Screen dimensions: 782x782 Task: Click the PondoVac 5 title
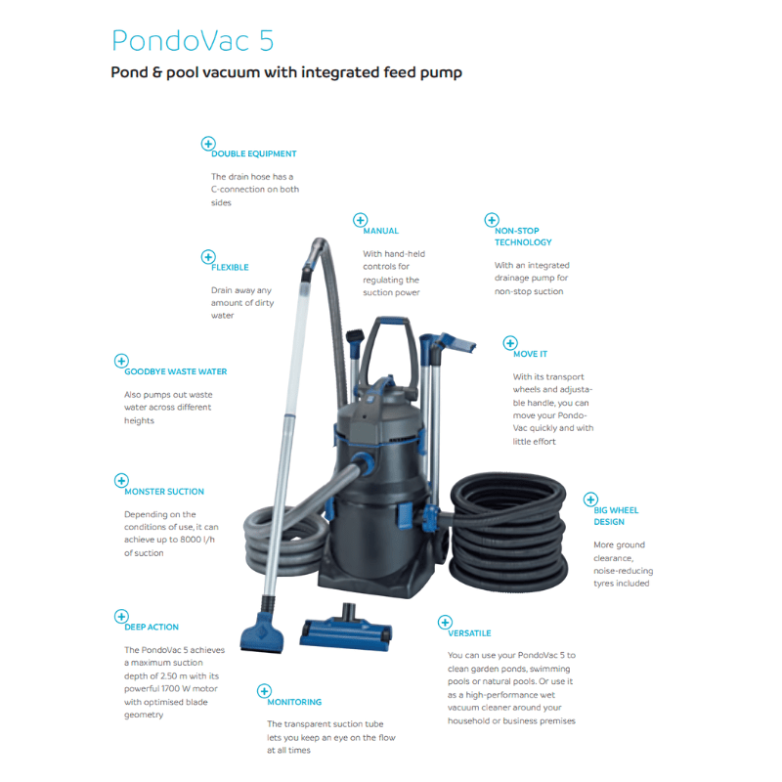pos(193,40)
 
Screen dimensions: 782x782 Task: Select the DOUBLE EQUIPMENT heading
pos(253,153)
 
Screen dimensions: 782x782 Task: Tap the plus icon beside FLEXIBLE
pos(207,257)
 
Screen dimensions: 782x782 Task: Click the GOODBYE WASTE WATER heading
pos(176,371)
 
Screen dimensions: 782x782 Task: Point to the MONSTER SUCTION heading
pos(164,492)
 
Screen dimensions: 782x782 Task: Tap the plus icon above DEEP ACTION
pos(121,616)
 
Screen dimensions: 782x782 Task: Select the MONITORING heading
pos(294,702)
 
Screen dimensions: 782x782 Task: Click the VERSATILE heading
pos(469,633)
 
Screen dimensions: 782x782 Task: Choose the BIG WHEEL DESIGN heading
pos(616,516)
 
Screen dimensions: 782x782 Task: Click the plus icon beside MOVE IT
pos(509,343)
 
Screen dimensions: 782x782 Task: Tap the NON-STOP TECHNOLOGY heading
pos(523,237)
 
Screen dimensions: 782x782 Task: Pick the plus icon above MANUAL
pos(360,221)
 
